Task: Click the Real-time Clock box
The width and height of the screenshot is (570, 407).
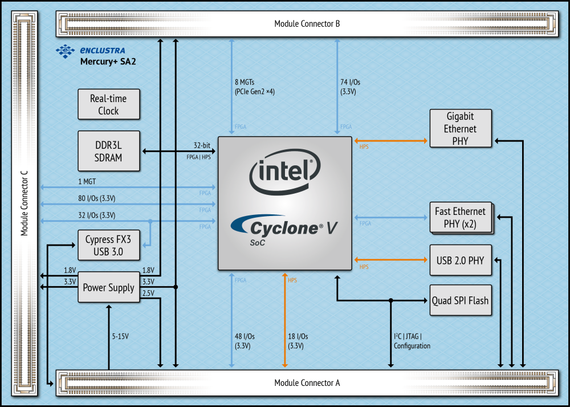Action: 108,104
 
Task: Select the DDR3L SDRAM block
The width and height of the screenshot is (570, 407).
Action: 108,151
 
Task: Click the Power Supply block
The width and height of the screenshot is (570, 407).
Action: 108,287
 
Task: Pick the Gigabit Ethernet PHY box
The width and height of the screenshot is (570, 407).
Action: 461,128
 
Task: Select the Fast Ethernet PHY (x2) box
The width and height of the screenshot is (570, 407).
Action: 460,217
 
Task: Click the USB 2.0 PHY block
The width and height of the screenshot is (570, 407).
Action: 460,261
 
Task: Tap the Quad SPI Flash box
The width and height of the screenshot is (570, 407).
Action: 460,300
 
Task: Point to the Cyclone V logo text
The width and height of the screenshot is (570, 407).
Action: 285,228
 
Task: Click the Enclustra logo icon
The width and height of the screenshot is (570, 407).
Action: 64,51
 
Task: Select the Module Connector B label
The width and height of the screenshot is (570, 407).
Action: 307,24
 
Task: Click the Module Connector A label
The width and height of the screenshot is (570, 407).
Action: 307,382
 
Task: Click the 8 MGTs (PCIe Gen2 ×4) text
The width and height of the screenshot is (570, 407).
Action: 254,87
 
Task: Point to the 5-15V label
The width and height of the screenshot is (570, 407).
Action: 120,336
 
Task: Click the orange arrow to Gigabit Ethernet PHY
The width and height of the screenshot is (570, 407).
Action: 392,140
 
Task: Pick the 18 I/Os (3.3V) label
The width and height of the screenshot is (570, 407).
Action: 298,341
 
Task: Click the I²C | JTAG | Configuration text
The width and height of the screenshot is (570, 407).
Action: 412,341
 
